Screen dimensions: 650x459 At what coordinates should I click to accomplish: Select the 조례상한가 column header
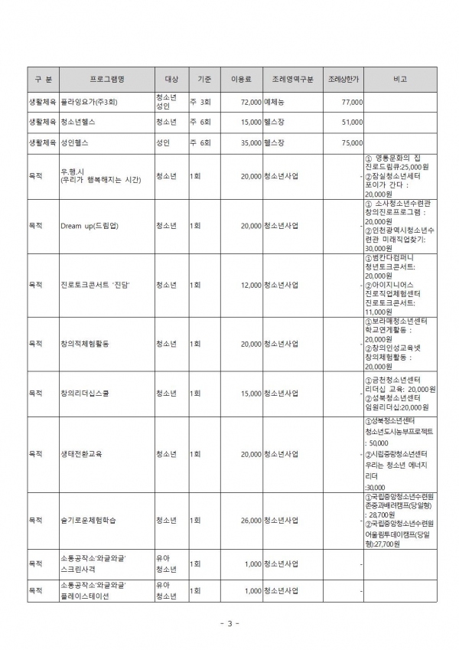(343, 79)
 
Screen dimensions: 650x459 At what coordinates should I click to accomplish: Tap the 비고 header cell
(399, 79)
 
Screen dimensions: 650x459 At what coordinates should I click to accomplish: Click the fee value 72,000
(251, 101)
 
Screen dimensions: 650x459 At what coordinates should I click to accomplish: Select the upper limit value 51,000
(352, 122)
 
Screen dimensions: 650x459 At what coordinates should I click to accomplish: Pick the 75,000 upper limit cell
(352, 142)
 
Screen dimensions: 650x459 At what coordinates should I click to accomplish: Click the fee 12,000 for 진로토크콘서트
(251, 285)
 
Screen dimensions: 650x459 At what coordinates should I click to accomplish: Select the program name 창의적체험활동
(84, 344)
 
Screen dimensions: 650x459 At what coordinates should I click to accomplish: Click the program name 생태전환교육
(80, 454)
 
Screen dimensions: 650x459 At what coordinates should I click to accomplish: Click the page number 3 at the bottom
(229, 623)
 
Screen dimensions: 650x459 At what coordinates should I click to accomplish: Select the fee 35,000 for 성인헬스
(251, 142)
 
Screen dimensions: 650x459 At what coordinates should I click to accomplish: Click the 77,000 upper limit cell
(352, 101)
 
